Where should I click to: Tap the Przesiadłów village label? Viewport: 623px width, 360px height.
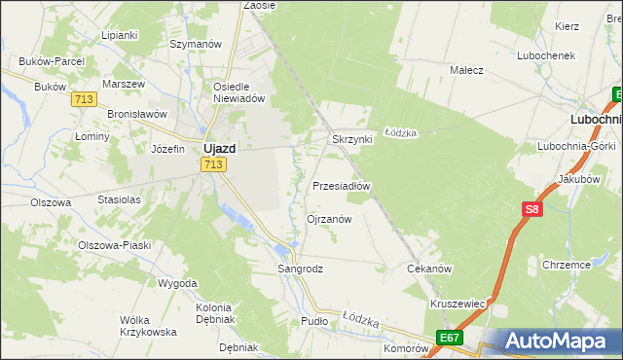point(341,185)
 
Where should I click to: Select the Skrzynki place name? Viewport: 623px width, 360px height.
point(352,139)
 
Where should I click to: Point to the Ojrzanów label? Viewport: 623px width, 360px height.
point(329,219)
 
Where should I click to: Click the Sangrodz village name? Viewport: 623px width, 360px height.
point(300,268)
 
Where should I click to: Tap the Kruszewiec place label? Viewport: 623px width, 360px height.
point(458,304)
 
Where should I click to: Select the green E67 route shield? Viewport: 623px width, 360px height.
point(449,338)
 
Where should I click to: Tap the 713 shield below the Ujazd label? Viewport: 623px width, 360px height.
point(215,165)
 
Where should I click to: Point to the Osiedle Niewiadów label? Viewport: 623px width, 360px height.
point(239,91)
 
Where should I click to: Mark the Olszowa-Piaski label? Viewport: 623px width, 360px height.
point(115,245)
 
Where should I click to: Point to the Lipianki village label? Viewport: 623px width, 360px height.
point(120,34)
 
